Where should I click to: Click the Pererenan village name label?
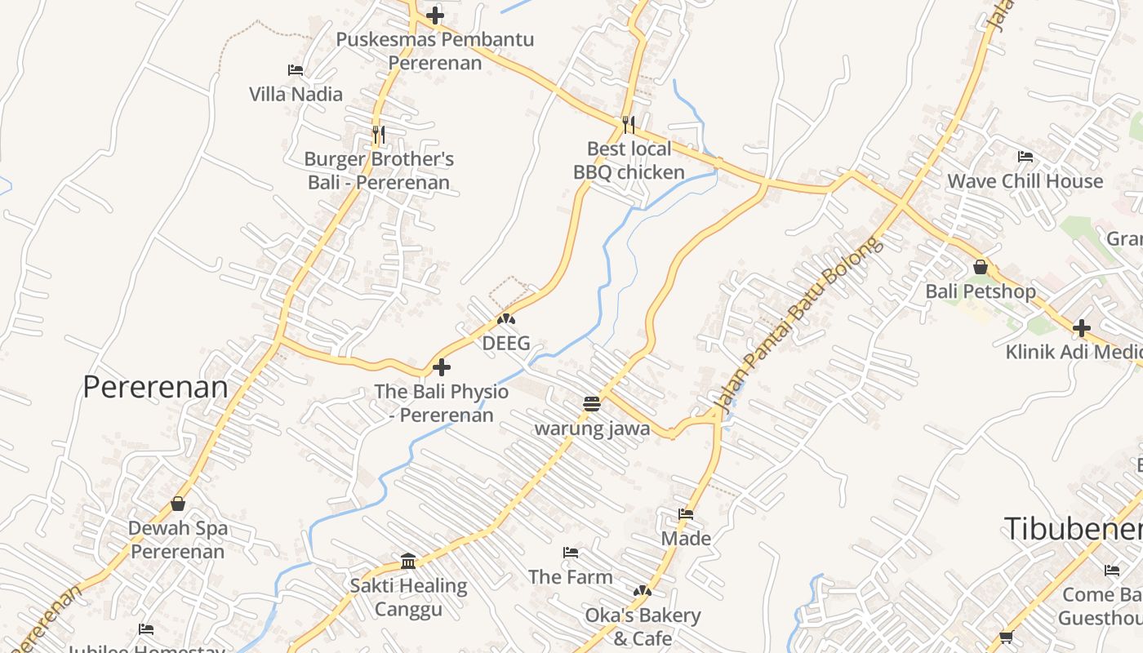(155, 387)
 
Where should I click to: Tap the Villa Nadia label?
(296, 94)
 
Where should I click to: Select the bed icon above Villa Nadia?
(296, 70)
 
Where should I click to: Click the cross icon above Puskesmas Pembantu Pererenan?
(435, 15)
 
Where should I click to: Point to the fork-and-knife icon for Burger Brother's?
(378, 134)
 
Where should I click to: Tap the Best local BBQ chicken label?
(629, 160)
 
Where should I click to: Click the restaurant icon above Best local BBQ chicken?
(628, 124)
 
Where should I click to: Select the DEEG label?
(506, 343)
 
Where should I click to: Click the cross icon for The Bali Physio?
(442, 366)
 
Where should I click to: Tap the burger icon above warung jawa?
(592, 403)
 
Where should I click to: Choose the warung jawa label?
(592, 429)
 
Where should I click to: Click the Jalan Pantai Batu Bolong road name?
(798, 324)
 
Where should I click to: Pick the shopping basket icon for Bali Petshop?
(981, 267)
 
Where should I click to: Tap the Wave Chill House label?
(1025, 181)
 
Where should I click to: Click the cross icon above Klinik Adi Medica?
(1082, 328)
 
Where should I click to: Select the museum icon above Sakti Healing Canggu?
(408, 561)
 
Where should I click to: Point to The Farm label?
(570, 577)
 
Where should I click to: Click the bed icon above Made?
(686, 514)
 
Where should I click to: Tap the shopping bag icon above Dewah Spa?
(178, 504)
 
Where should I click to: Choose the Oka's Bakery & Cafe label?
(643, 626)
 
